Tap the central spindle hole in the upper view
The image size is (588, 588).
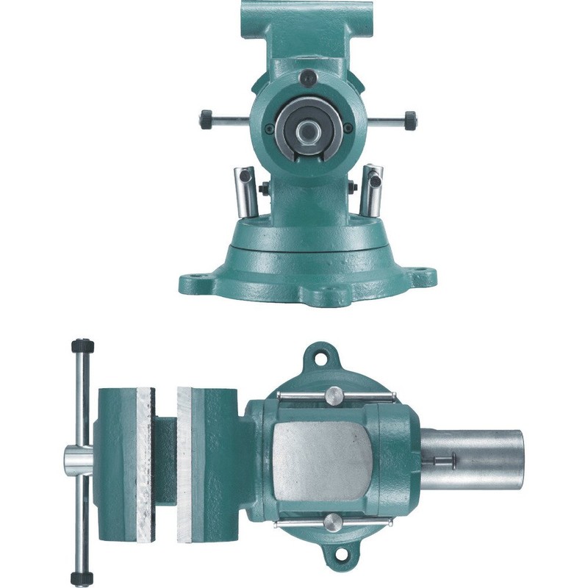[307, 130]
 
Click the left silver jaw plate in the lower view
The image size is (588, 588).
[143, 463]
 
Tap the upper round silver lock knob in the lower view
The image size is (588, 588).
[333, 395]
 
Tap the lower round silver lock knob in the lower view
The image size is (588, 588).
[332, 525]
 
